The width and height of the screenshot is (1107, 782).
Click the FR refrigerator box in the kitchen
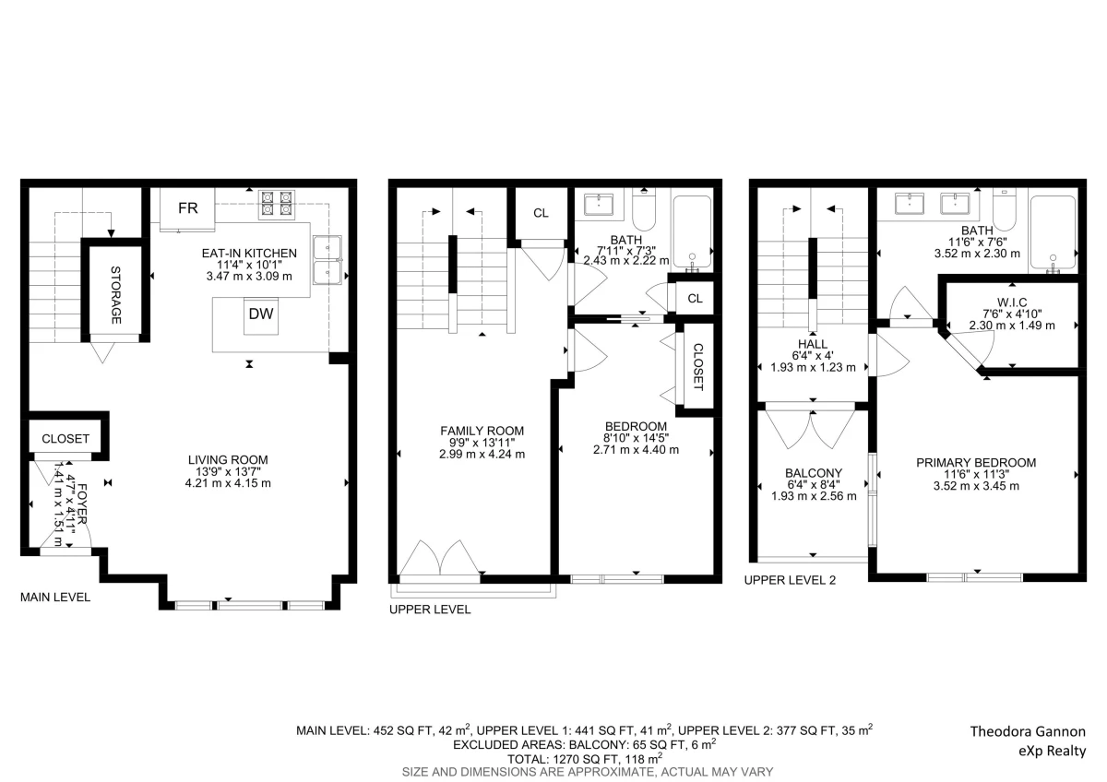187,209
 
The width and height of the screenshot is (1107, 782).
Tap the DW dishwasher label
261,314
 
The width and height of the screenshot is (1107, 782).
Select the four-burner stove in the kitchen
277,204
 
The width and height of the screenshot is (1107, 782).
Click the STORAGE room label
115,295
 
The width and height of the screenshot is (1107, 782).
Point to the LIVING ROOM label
228,460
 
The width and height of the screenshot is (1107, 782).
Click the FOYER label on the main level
82,504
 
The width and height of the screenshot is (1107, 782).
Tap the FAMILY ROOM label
482,431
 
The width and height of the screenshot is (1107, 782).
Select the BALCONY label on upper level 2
814,473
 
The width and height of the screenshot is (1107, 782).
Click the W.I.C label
1012,302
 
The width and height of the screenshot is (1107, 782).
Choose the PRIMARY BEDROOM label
976,463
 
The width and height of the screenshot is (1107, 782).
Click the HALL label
813,344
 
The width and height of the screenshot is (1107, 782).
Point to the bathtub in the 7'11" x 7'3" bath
693,231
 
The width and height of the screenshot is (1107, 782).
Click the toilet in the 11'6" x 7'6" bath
1005,210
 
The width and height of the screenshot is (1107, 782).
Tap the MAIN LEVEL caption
55,598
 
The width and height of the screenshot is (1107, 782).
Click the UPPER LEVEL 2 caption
790,580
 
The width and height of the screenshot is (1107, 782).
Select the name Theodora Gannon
1028,731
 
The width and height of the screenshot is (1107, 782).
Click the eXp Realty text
1053,752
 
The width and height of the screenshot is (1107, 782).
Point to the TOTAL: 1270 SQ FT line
585,759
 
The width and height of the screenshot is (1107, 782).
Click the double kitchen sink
327,260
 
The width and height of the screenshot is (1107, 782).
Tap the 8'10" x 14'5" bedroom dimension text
636,438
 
